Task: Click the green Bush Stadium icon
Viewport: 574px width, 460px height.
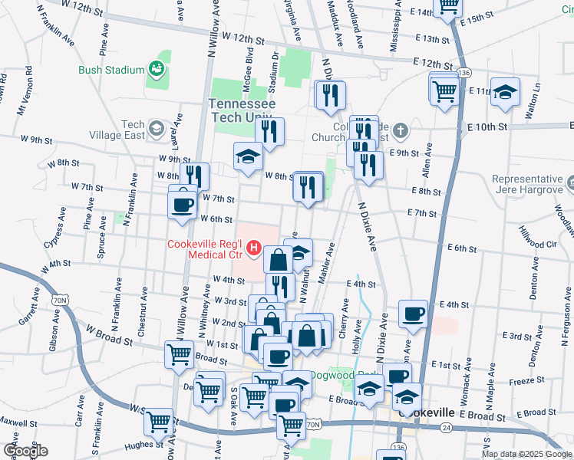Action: [x=158, y=70]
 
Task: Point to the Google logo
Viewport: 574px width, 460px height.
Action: [x=26, y=451]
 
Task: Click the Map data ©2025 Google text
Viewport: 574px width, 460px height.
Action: [x=527, y=454]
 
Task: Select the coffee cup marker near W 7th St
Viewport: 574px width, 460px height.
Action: [x=183, y=205]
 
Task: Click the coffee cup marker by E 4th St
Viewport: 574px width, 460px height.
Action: [x=413, y=313]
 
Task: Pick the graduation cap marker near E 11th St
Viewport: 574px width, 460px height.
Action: [x=505, y=92]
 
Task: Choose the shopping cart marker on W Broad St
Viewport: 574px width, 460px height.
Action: [x=179, y=354]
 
